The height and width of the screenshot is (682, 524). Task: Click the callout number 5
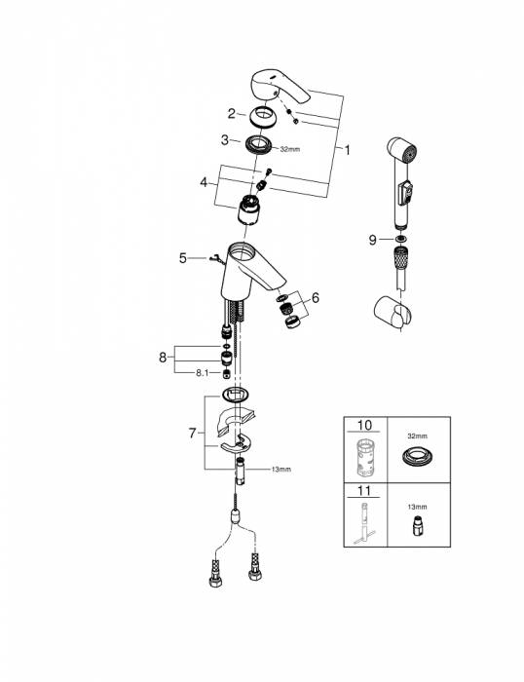(182, 258)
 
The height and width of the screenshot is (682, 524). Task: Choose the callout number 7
(192, 432)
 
